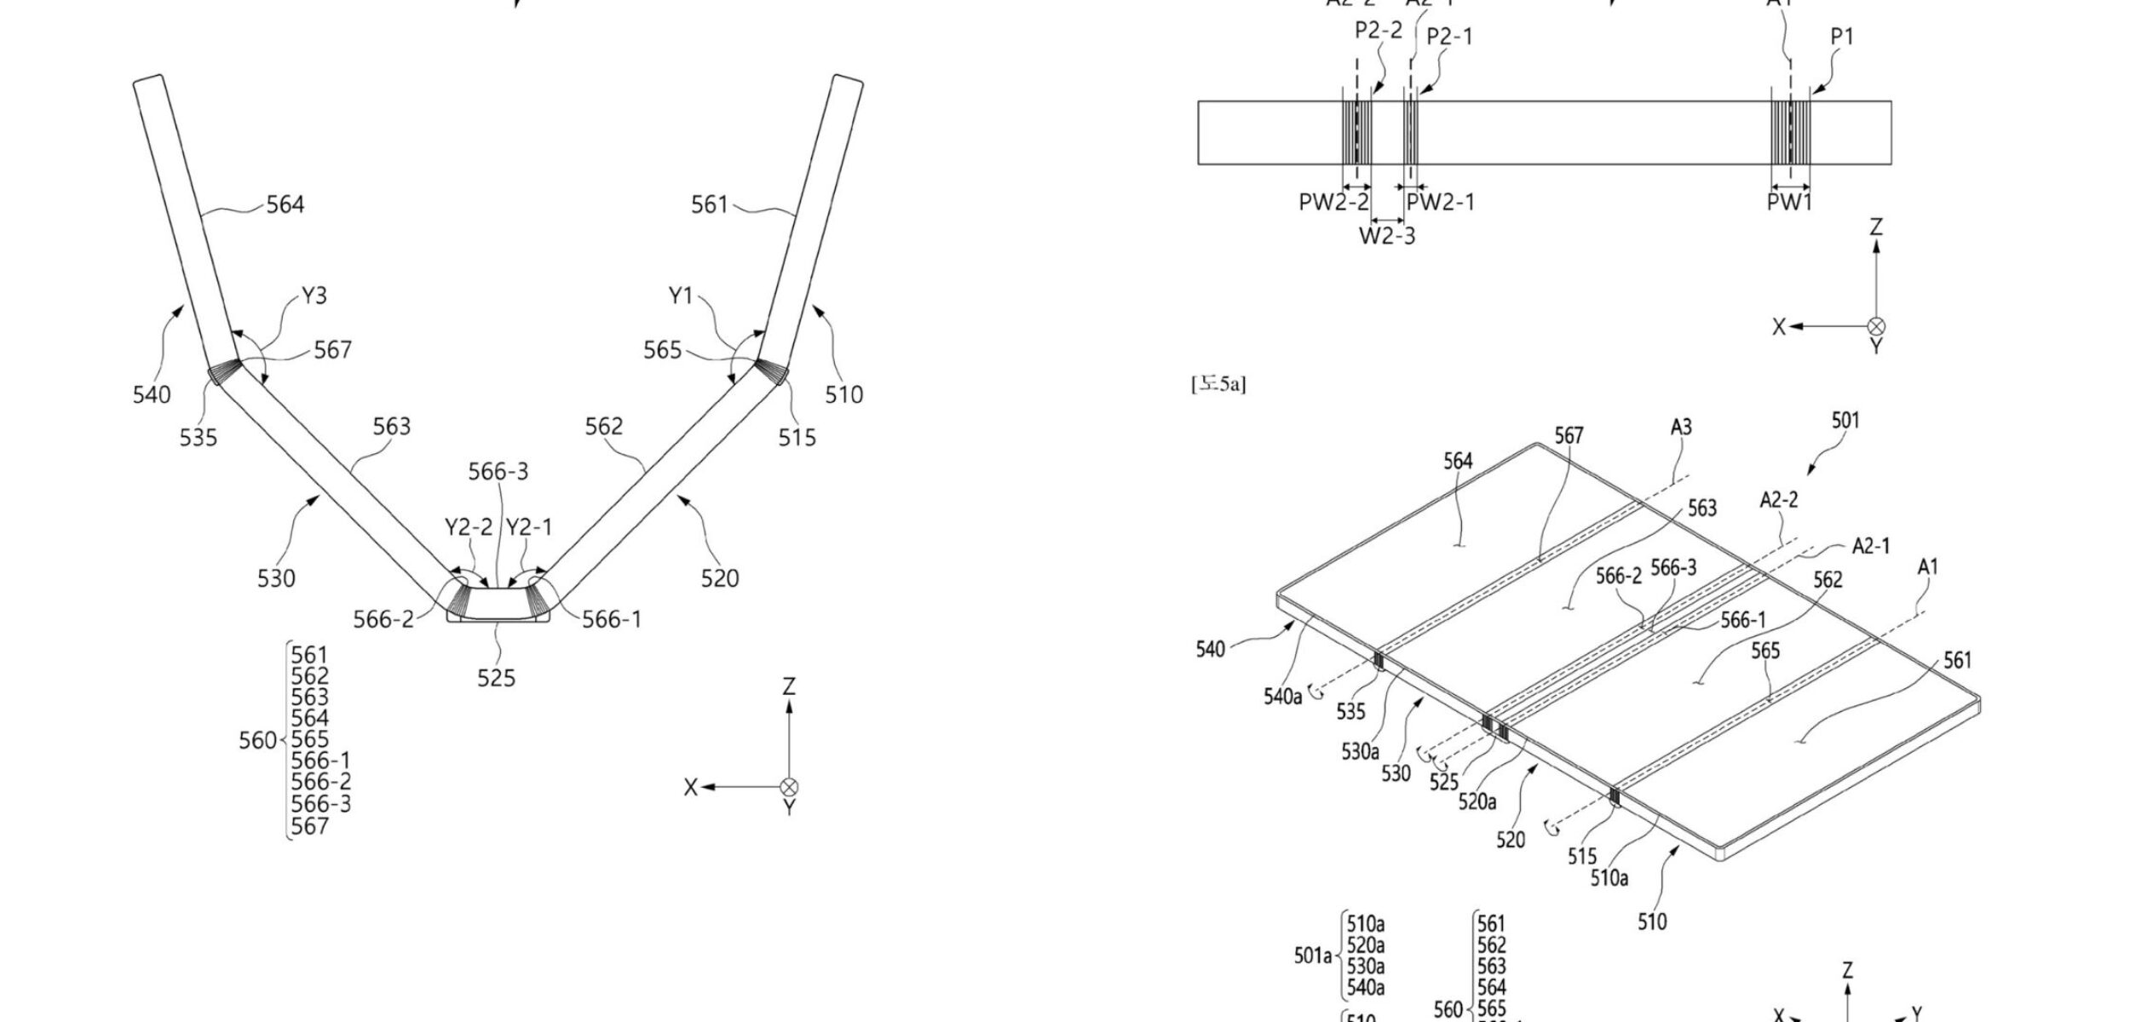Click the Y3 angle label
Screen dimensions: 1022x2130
[314, 296]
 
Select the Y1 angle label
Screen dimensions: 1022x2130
[681, 296]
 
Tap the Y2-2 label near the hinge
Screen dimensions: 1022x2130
[469, 528]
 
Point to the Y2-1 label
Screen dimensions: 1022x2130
[529, 528]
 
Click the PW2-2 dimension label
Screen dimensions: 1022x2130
[1333, 203]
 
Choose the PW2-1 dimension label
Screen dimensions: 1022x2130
[1440, 203]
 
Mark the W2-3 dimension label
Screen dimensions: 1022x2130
[1386, 236]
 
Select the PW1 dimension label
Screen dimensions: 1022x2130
[1789, 203]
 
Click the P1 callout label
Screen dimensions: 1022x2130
[1841, 37]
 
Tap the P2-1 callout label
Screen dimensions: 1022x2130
[1449, 37]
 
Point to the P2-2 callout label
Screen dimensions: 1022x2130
[1378, 31]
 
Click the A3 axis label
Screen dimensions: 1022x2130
[1680, 428]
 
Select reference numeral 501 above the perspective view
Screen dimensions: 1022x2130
[1845, 421]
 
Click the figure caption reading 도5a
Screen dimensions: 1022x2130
[1218, 385]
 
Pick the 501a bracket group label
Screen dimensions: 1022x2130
[1313, 956]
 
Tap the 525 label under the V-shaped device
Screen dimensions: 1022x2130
[496, 678]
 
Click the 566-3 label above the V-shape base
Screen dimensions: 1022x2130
[498, 471]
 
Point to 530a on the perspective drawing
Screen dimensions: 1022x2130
[1360, 752]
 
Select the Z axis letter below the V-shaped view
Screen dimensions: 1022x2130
[789, 686]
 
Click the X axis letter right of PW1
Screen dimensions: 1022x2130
[1779, 327]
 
